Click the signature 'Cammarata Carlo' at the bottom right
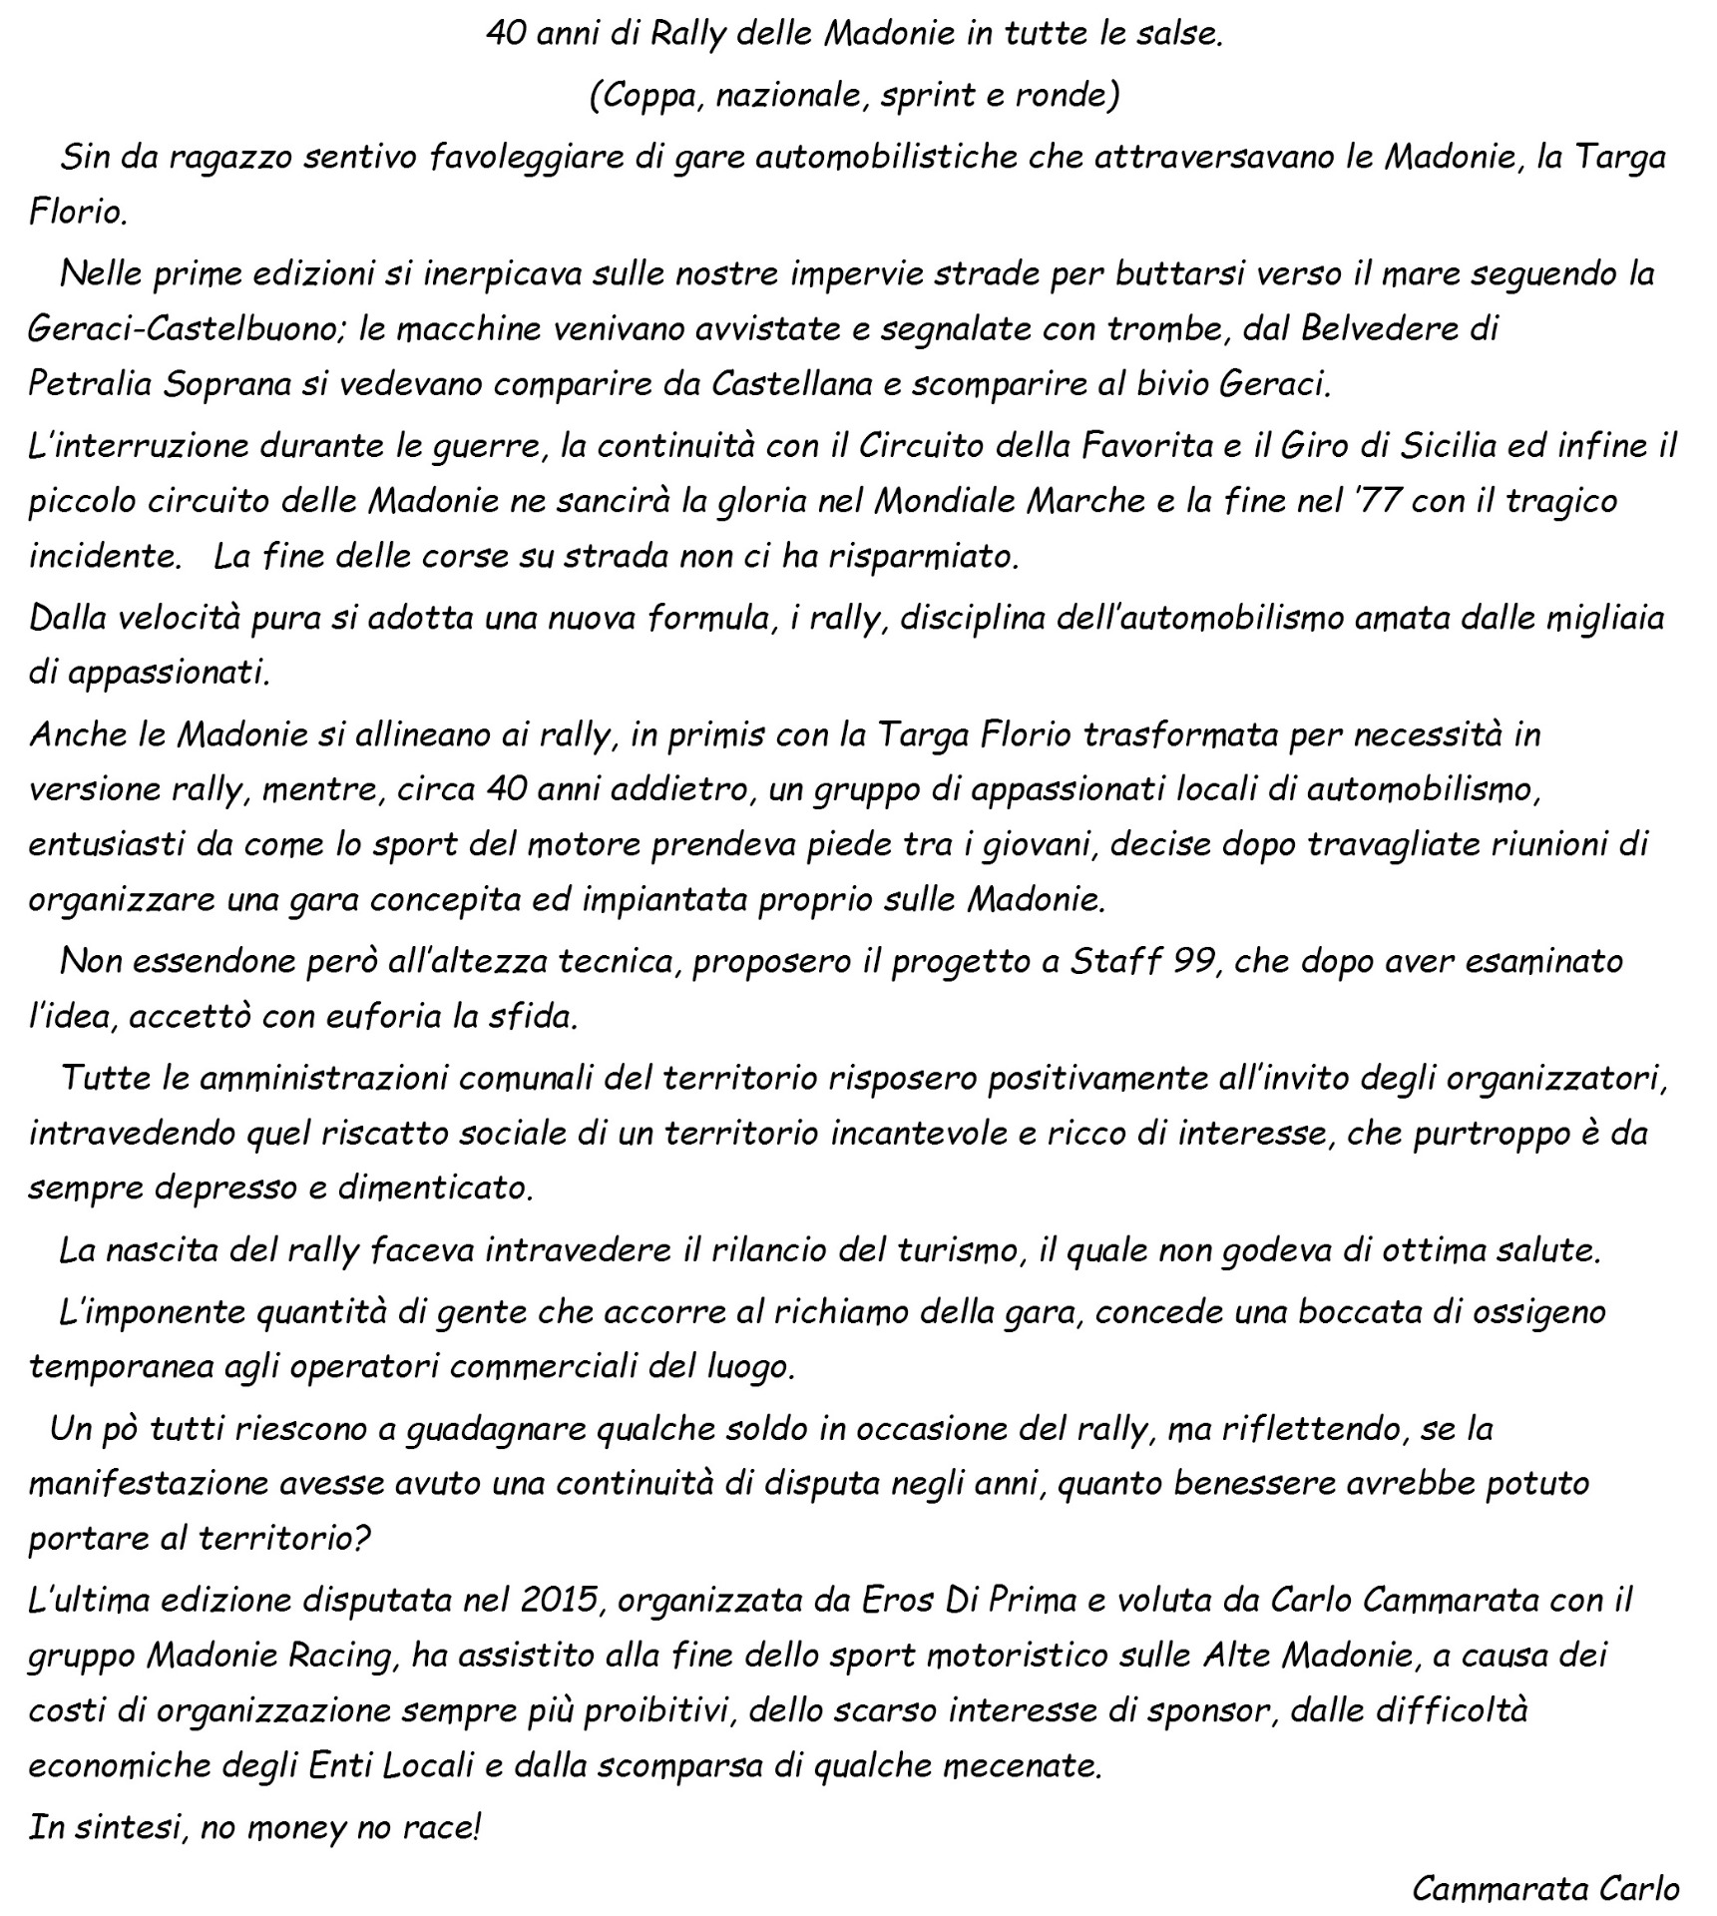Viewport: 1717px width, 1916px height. click(1545, 1888)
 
